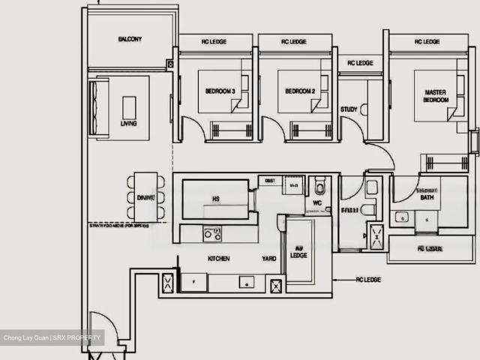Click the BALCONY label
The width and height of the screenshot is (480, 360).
click(x=130, y=39)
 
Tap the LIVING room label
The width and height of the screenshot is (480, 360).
click(x=129, y=123)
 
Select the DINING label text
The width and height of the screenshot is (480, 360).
click(x=145, y=197)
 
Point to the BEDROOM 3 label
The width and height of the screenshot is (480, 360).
click(x=220, y=91)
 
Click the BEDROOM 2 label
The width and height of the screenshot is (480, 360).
click(x=299, y=91)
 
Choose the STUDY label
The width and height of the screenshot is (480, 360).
click(x=349, y=109)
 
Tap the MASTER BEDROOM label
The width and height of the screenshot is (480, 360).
click(x=436, y=95)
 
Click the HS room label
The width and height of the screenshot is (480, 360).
click(x=215, y=199)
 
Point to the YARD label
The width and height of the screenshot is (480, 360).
click(x=269, y=259)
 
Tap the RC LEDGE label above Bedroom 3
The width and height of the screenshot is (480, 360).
click(x=216, y=42)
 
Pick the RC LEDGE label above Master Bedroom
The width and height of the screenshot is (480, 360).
click(x=427, y=42)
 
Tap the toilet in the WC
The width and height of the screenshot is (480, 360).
click(x=321, y=184)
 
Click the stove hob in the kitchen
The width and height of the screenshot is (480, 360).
click(x=211, y=234)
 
